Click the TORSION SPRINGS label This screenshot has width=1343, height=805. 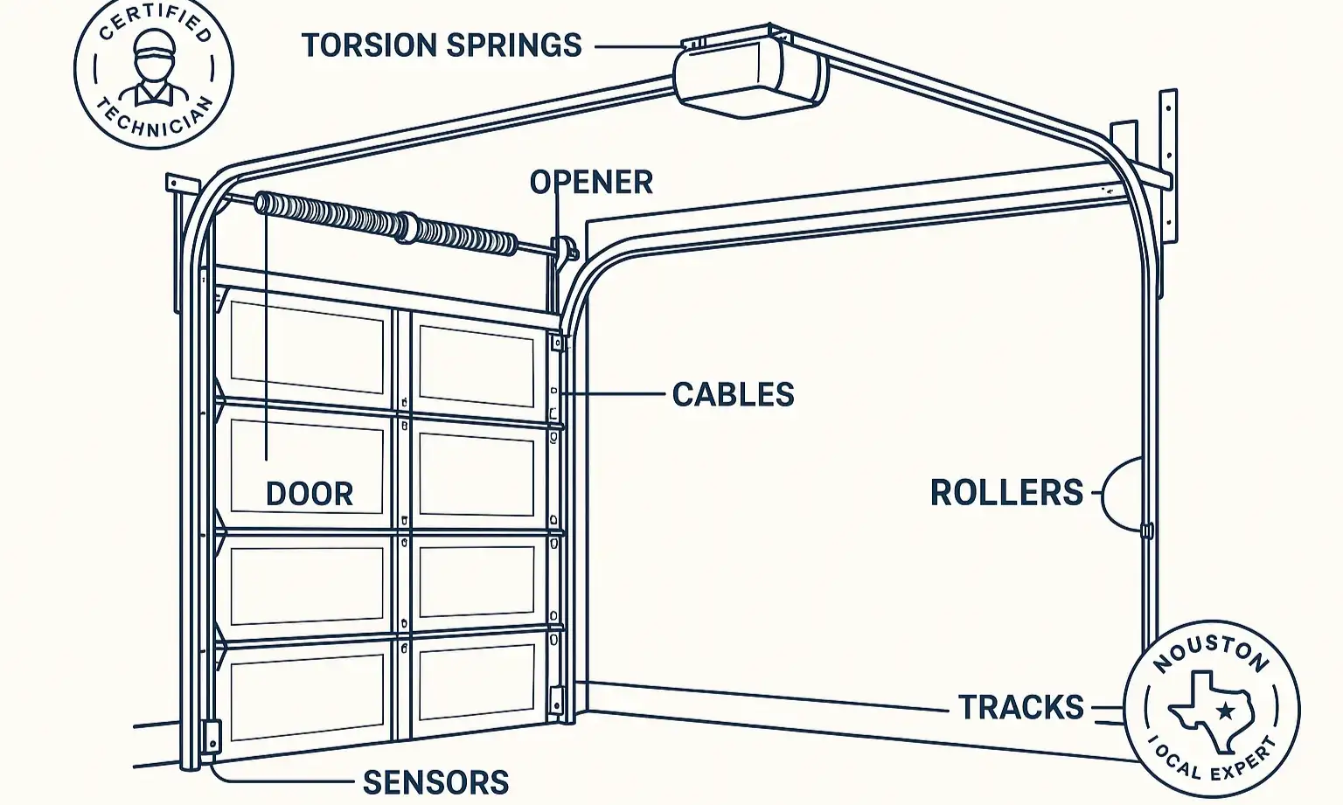pos(442,45)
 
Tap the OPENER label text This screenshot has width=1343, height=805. pos(591,182)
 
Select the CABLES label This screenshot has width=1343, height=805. pos(733,394)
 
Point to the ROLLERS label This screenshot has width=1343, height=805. pos(1006,493)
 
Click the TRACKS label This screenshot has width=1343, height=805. pos(1020,707)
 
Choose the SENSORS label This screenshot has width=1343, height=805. pos(435,782)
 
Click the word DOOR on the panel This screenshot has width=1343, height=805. pos(310,495)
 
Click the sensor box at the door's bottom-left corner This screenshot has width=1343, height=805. pos(212,735)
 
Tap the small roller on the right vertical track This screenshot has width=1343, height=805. pos(1147,531)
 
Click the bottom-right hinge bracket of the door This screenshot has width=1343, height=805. pos(556,699)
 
